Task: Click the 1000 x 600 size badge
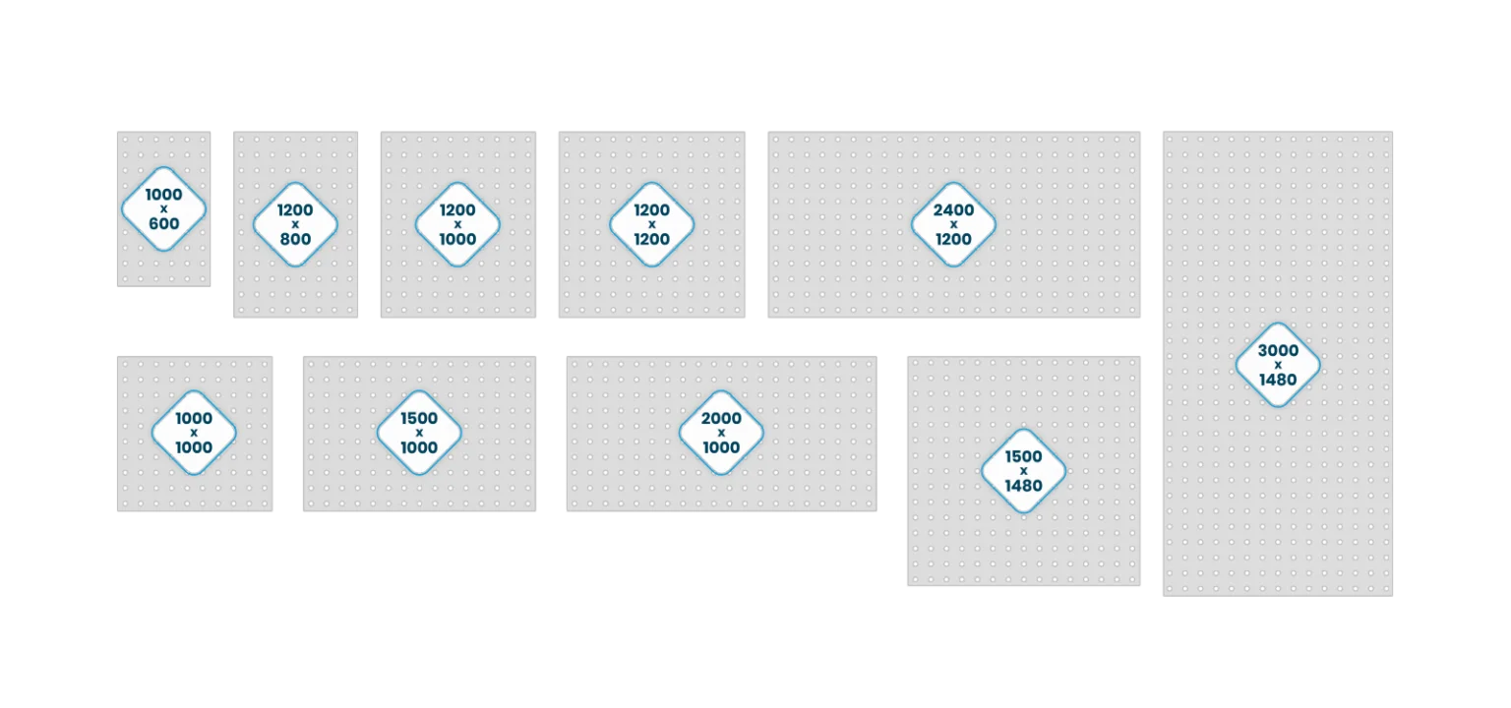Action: pos(164,209)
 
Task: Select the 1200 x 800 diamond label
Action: pos(295,224)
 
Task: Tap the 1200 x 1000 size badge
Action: pos(457,224)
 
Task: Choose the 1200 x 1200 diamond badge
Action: pos(651,224)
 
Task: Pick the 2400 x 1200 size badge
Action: pos(953,224)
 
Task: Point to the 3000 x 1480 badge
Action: pos(1278,365)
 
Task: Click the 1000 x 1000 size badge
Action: pos(194,433)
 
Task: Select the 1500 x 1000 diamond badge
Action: pos(419,433)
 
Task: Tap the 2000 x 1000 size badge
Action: pos(721,433)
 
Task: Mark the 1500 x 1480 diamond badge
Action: pos(1023,471)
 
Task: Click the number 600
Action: pos(164,224)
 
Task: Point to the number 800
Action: pos(295,239)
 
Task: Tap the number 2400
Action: pos(953,209)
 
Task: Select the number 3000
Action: pos(1278,350)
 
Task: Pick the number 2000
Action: pos(721,418)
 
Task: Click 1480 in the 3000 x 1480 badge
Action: pos(1278,380)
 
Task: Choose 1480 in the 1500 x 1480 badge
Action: pos(1023,486)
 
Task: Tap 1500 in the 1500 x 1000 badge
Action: pos(419,418)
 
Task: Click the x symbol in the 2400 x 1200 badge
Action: pos(953,224)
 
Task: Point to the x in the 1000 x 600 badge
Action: pos(164,209)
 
